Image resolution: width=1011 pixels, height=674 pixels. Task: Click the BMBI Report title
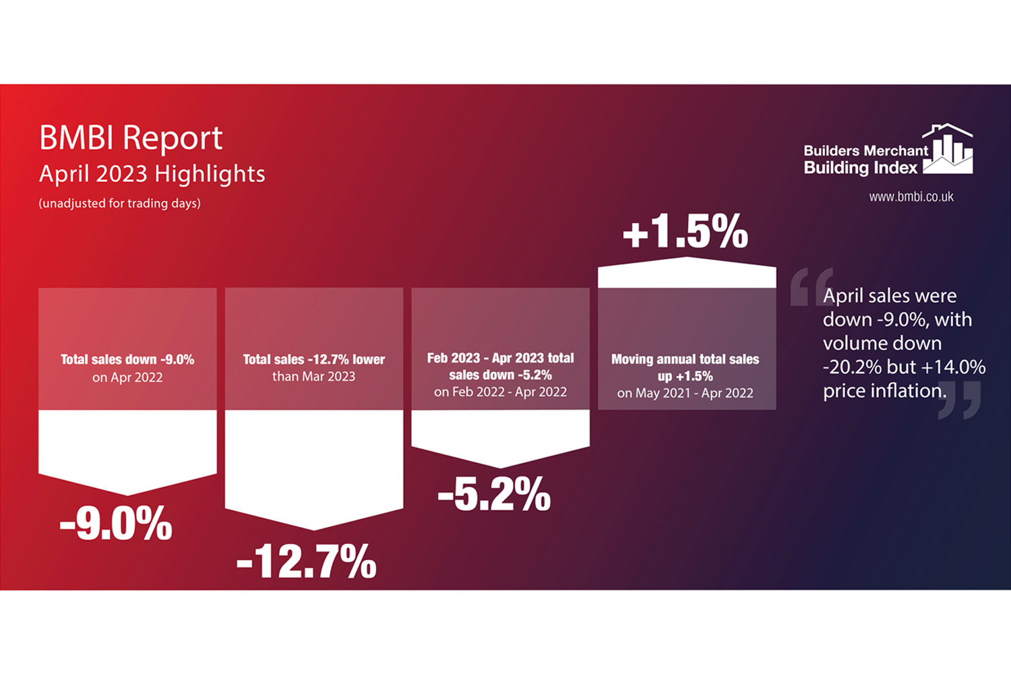[x=131, y=138]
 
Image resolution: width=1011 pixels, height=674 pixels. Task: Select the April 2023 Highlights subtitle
[x=152, y=174]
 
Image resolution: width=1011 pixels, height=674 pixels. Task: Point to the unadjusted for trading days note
[x=119, y=203]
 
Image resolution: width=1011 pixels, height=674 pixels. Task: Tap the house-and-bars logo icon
[x=949, y=149]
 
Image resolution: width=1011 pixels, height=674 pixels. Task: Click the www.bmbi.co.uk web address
[x=911, y=197]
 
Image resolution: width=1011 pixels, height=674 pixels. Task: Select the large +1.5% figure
[x=685, y=232]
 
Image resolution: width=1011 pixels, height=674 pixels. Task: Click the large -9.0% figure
[x=116, y=524]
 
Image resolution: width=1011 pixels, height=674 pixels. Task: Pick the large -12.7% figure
[x=306, y=561]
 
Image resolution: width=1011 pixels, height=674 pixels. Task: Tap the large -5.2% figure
[x=494, y=494]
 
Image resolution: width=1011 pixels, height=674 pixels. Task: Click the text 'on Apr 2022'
[x=127, y=377]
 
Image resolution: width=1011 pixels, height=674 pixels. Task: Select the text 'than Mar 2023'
[x=313, y=376]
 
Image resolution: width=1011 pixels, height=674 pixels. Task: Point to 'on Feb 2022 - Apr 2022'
[x=500, y=392]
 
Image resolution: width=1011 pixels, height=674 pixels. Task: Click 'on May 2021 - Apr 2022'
[x=685, y=393]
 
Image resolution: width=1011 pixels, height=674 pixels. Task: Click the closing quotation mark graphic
[x=959, y=400]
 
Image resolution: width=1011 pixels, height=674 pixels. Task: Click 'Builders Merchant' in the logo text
[x=865, y=150]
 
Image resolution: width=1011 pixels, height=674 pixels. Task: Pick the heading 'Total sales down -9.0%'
[x=127, y=359]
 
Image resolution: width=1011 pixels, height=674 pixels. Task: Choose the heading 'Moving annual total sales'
[x=685, y=359]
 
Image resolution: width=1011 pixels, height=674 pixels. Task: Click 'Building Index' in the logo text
[x=860, y=168]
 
